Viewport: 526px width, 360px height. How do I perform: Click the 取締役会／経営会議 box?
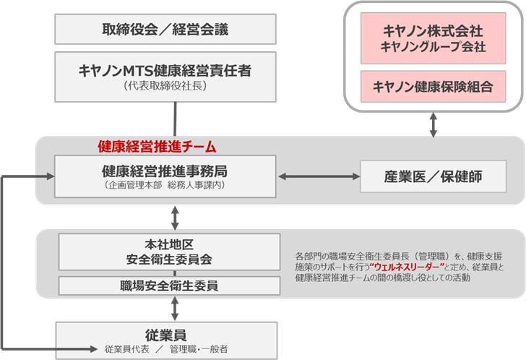[165, 30]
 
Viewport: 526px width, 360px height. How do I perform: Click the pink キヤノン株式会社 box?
[433, 40]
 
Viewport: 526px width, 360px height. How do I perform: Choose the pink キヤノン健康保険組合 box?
[433, 87]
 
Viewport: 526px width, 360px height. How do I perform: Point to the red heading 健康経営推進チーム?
[157, 146]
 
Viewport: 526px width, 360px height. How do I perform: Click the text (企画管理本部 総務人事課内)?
[165, 186]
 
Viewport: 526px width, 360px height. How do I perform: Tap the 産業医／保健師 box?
[433, 176]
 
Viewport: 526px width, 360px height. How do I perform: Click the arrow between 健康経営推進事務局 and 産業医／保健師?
[317, 176]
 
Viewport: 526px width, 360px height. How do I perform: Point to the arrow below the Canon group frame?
[434, 124]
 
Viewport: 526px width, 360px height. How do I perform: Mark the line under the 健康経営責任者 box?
[176, 118]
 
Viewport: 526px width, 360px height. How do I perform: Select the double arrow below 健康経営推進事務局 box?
[176, 215]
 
